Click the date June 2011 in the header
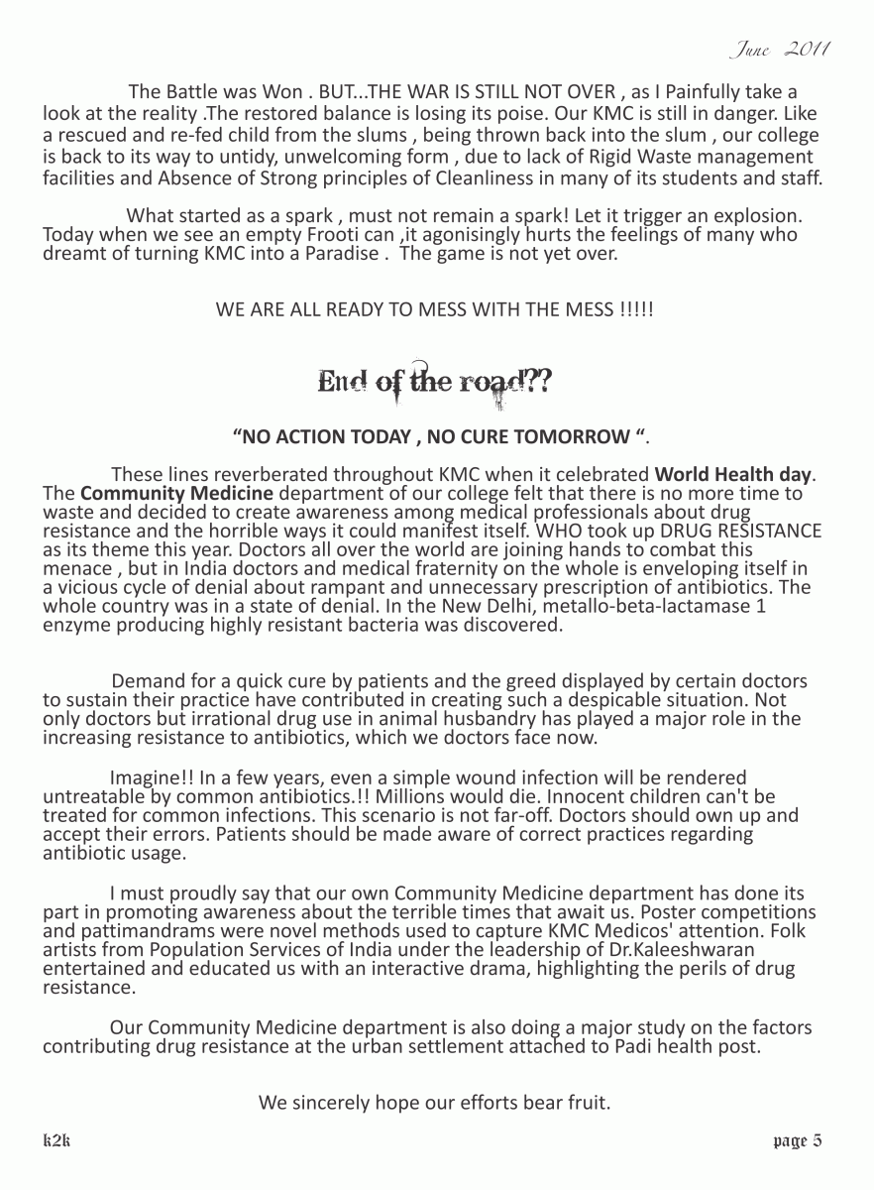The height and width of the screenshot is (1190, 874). [x=779, y=49]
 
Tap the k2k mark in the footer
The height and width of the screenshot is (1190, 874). [x=56, y=1140]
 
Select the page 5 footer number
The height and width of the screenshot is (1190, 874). [x=797, y=1140]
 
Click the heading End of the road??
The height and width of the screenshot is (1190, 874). [x=435, y=382]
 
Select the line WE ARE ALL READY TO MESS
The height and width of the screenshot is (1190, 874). [x=434, y=309]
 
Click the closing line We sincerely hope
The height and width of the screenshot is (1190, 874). [x=434, y=1102]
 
